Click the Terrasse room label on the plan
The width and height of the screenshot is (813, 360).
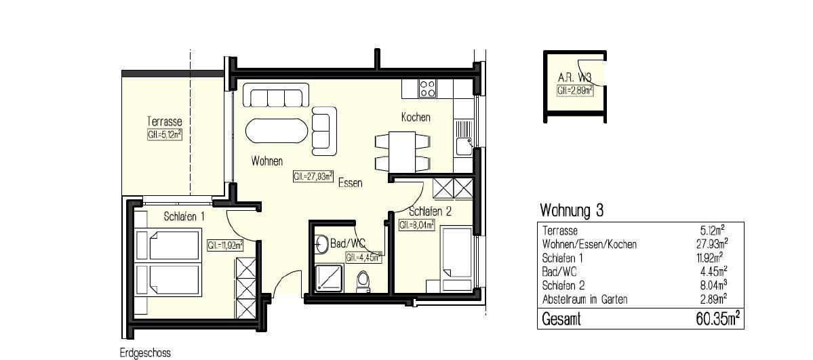pos(164,121)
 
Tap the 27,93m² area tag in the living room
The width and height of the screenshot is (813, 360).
pos(313,176)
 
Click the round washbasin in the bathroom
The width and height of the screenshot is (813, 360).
pos(321,243)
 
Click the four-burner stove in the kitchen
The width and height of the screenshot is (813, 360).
pos(427,88)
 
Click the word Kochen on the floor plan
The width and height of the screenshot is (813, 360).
pos(416,118)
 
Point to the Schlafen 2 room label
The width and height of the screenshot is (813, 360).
pos(431,212)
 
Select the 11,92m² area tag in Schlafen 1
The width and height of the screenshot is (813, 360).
pos(224,245)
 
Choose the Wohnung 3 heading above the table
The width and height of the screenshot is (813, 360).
pos(572,211)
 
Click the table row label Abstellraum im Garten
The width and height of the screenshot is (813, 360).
pos(585,299)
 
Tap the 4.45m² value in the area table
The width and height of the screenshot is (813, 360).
pos(713,271)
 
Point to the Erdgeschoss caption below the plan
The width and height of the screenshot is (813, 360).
pos(145,353)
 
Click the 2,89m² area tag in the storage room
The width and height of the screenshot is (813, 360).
pos(575,90)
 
